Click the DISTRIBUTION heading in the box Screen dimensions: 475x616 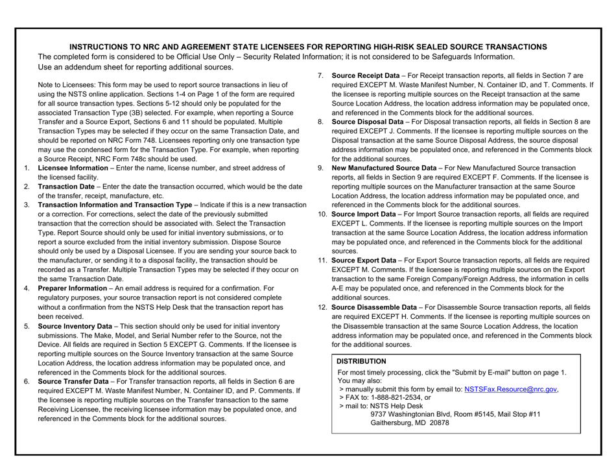coord(361,361)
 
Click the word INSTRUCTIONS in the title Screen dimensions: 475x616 coord(104,47)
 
